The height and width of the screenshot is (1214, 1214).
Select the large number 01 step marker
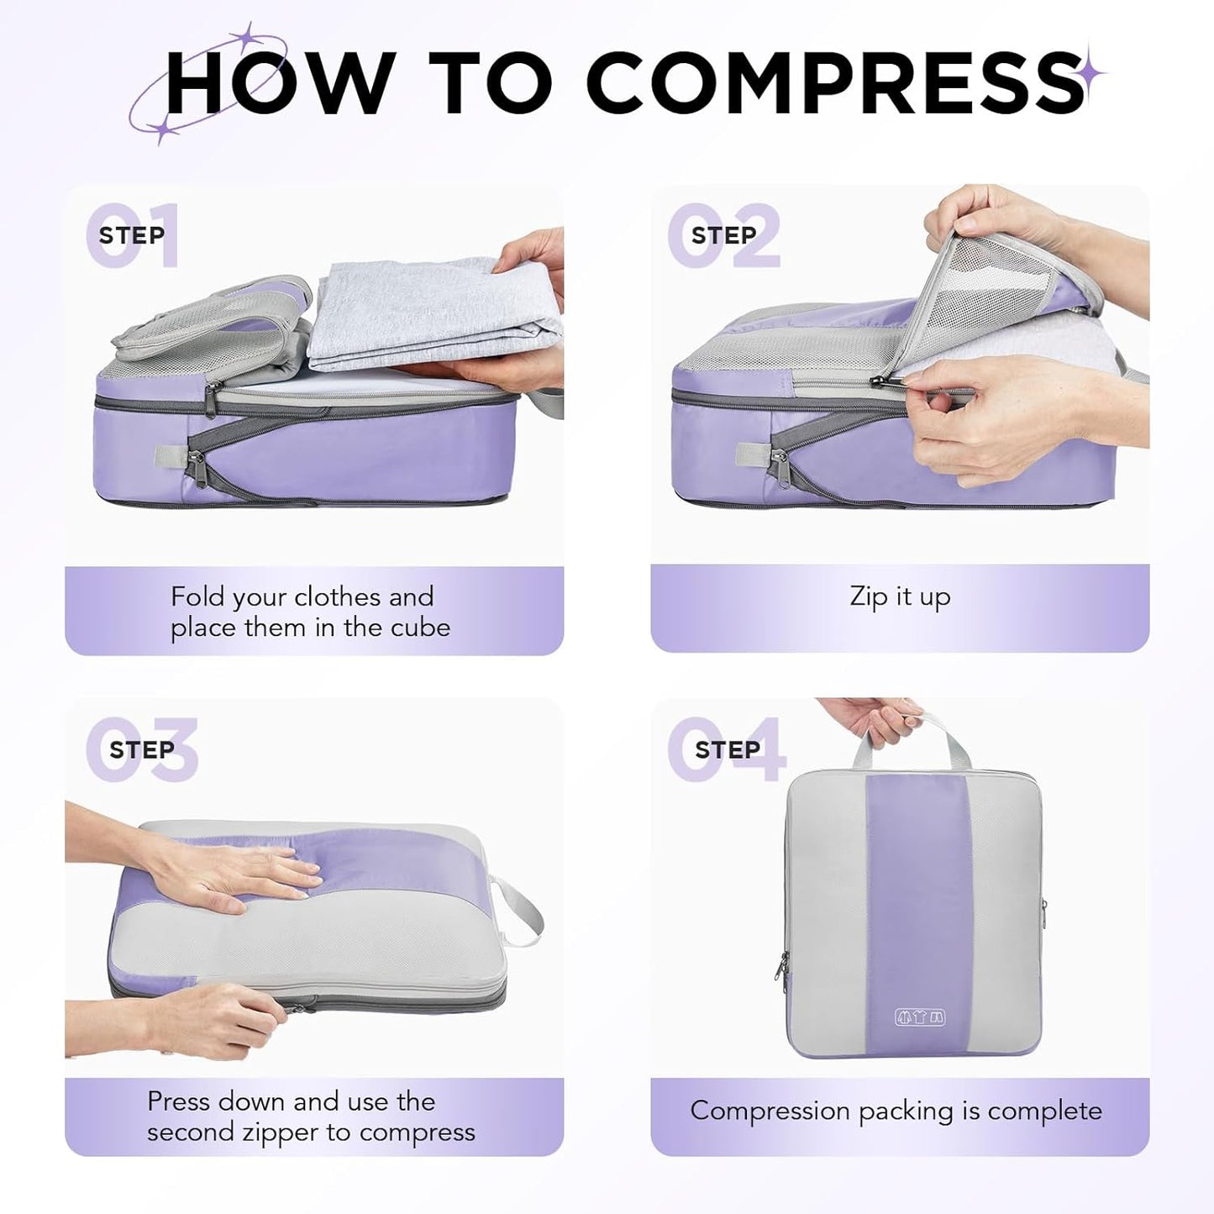coord(132,236)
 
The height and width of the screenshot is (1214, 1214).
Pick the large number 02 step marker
coord(724,236)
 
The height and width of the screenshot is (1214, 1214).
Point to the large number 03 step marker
coord(141,749)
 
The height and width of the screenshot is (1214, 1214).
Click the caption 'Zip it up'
coord(900,597)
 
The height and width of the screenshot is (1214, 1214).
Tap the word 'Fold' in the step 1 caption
coord(197,597)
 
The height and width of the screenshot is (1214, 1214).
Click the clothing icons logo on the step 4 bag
coord(919,1017)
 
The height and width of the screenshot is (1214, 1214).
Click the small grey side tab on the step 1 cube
coord(165,456)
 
